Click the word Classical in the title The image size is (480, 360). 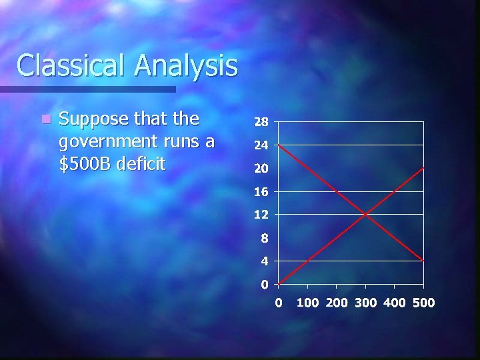70,65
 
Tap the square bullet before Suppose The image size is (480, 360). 44,120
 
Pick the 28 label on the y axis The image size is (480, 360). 261,123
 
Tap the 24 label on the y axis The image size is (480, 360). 261,145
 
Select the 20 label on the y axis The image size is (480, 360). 261,169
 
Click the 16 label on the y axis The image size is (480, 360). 261,192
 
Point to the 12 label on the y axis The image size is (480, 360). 261,215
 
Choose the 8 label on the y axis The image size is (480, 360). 265,238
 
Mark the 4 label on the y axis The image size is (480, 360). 265,261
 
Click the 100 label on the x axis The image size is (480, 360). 308,303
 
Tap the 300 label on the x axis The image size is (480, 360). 366,303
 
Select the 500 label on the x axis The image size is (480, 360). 423,303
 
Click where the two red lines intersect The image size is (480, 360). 365,214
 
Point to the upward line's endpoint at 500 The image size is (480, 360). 423,168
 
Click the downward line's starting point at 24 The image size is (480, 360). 279,145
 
